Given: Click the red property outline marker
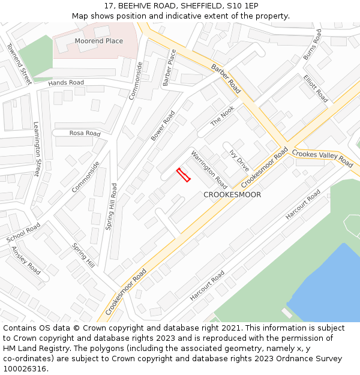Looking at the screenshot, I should [x=183, y=175].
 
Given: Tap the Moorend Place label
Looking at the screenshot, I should [x=99, y=41].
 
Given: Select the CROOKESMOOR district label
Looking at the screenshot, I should [x=232, y=195].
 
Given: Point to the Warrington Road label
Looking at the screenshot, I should [x=209, y=170].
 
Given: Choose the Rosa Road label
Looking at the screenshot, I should [x=85, y=133].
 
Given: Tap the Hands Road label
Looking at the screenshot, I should [x=66, y=83].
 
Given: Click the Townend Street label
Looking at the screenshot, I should [x=19, y=63].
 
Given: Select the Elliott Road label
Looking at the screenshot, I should [x=316, y=88].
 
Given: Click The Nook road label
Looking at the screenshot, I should [x=222, y=116].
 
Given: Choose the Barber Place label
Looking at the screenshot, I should [x=169, y=68].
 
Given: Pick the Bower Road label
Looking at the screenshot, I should [x=163, y=125].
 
